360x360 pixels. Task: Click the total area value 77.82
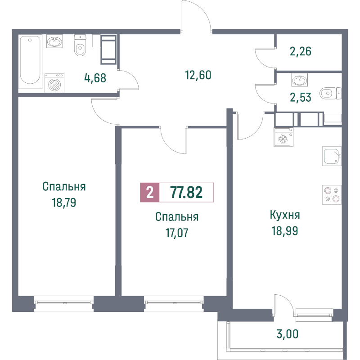tap(186, 193)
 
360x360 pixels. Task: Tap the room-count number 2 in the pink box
tap(149, 193)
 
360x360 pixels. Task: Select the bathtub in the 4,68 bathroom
tap(30, 61)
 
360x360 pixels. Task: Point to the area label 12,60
tap(198, 75)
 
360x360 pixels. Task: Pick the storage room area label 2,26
tap(301, 51)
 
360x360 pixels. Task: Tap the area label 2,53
tap(300, 97)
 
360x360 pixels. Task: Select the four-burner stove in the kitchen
tap(332, 194)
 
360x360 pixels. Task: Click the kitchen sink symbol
tap(332, 157)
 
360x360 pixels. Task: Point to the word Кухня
tap(285, 215)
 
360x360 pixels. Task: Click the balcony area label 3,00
tap(287, 334)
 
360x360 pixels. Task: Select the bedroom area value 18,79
tap(64, 202)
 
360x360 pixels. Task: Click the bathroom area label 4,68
tap(95, 78)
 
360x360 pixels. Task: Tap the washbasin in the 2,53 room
tap(299, 81)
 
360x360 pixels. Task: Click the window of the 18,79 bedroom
tap(63, 303)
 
